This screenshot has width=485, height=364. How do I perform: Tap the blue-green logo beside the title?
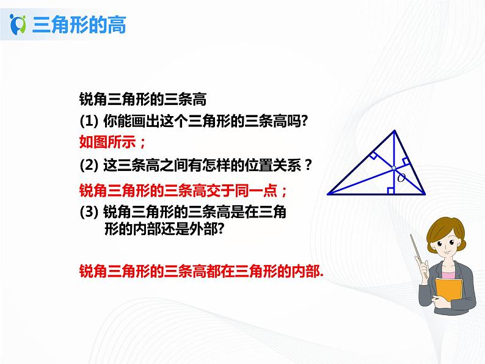pyautogui.click(x=18, y=25)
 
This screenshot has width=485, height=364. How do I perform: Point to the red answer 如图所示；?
pyautogui.click(x=113, y=142)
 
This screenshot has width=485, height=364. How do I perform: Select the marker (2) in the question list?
pyautogui.click(x=90, y=165)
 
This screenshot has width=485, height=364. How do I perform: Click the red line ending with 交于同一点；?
pyautogui.click(x=183, y=190)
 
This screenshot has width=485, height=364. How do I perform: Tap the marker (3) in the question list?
pyautogui.click(x=90, y=212)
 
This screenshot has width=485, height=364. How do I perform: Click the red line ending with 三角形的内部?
pyautogui.click(x=201, y=271)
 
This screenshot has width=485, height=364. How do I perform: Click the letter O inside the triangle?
pyautogui.click(x=401, y=178)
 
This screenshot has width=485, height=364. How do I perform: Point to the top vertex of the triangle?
pyautogui.click(x=397, y=130)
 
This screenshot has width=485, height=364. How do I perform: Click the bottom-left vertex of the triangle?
pyautogui.click(x=328, y=194)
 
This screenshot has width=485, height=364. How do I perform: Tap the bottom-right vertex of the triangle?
pyautogui.click(x=425, y=194)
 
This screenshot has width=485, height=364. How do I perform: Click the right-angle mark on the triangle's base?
pyautogui.click(x=391, y=191)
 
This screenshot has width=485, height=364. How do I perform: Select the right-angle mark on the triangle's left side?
pyautogui.click(x=373, y=156)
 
